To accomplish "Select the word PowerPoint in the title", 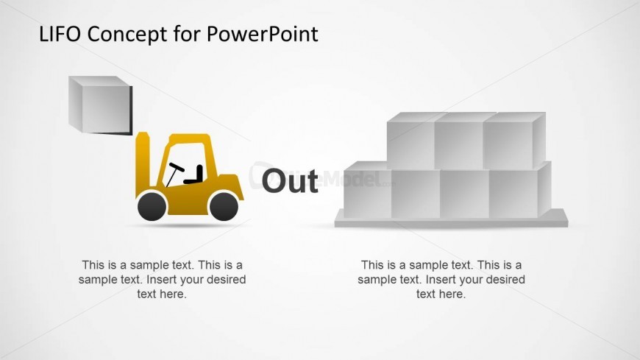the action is coord(262,34).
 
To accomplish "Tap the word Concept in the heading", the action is coord(127,35).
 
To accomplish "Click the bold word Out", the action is coord(290,180).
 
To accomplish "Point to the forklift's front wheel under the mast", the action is coord(152,206).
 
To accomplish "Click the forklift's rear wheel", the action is coord(224,206).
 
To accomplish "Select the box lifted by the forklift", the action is coord(100,105).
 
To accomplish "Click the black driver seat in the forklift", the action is coord(195,175).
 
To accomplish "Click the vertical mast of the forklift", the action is coord(143,165).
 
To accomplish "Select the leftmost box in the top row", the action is coord(410,141).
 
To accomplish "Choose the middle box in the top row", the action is coord(459,141).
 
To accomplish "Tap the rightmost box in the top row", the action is coord(514,141).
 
